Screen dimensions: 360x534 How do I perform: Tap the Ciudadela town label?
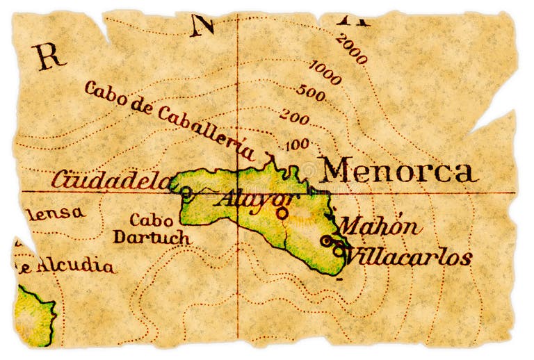tap(111, 180)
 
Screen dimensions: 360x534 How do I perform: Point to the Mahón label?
tap(380, 227)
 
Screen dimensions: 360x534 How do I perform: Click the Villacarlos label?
tap(409, 257)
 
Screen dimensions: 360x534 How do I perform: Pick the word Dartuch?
tap(152, 237)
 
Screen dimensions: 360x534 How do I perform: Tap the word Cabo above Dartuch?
tap(151, 221)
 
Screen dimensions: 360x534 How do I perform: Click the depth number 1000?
tap(325, 72)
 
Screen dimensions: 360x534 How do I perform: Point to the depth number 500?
tap(310, 92)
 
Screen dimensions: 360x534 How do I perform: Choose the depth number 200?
tap(294, 118)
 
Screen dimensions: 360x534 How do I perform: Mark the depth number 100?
tap(297, 145)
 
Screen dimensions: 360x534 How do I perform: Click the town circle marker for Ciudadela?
tap(186, 193)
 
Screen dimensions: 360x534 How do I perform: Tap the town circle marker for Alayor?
tap(281, 213)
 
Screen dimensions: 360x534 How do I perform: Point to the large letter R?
tap(48, 56)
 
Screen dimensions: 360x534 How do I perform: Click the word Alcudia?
tap(76, 265)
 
